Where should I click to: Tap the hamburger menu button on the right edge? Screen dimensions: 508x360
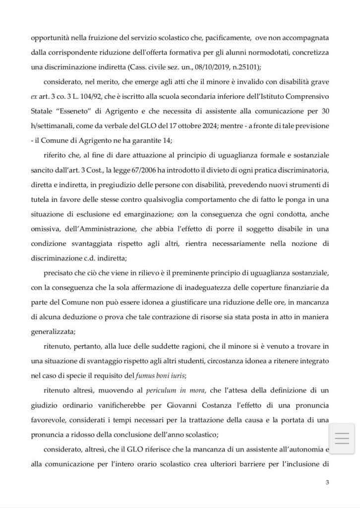(x=342, y=439)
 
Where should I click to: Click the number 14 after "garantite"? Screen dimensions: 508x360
(x=143, y=140)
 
